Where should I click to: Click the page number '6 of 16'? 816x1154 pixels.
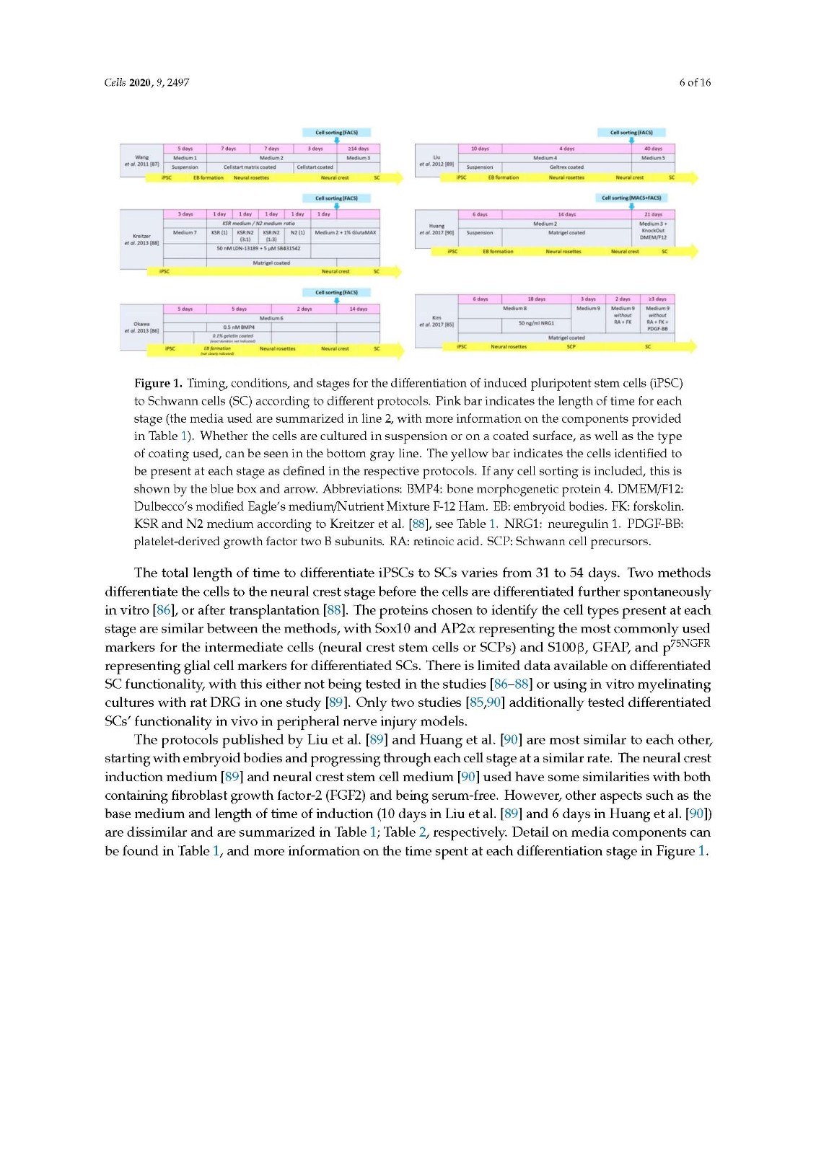coord(694,82)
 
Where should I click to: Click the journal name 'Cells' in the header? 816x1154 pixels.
coord(115,82)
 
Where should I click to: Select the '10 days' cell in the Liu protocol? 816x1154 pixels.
coord(480,149)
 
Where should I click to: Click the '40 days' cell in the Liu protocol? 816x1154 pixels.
coord(653,149)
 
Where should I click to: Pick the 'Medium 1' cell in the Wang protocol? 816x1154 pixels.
coord(185,158)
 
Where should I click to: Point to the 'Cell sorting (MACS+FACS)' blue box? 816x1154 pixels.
coord(631,198)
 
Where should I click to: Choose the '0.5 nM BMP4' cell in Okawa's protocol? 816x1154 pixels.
coord(239,327)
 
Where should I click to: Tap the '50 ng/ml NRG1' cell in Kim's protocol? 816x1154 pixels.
coord(536,323)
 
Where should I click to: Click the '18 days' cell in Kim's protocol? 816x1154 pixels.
coord(536,299)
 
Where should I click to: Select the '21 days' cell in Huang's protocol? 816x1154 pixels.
coord(653,214)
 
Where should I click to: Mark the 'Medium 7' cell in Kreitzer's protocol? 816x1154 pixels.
coord(185,233)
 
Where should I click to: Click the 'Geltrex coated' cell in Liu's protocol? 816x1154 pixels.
coord(566,167)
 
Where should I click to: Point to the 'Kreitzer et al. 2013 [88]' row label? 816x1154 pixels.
coord(141,239)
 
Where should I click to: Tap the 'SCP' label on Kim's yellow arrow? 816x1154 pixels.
coord(571,347)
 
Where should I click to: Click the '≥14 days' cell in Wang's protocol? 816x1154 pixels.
coord(358,149)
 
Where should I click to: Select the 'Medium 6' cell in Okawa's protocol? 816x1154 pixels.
coord(271,318)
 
